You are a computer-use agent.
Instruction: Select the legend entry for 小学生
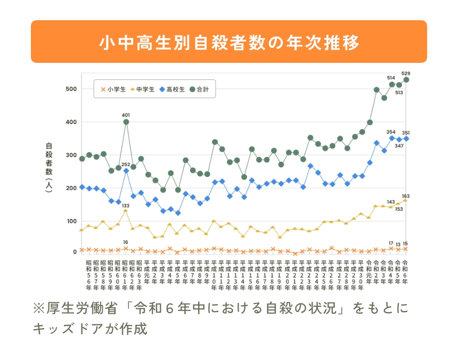[x=113, y=90]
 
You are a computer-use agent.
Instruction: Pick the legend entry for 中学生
[x=142, y=90]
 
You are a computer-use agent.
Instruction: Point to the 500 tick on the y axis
[x=71, y=89]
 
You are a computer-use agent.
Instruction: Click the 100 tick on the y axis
[x=71, y=221]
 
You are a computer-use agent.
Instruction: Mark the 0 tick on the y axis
[x=75, y=252]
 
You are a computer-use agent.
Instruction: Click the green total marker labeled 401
[x=126, y=122]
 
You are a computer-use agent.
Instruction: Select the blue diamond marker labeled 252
[x=126, y=171]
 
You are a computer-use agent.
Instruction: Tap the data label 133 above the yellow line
[x=126, y=206]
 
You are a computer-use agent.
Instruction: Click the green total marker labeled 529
[x=406, y=80]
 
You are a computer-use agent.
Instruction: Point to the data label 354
[x=391, y=132]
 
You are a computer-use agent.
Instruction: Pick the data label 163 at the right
[x=406, y=196]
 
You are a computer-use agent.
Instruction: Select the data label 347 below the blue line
[x=399, y=145]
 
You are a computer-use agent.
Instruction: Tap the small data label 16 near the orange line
[x=126, y=242]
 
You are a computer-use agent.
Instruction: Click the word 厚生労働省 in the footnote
[x=73, y=308]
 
